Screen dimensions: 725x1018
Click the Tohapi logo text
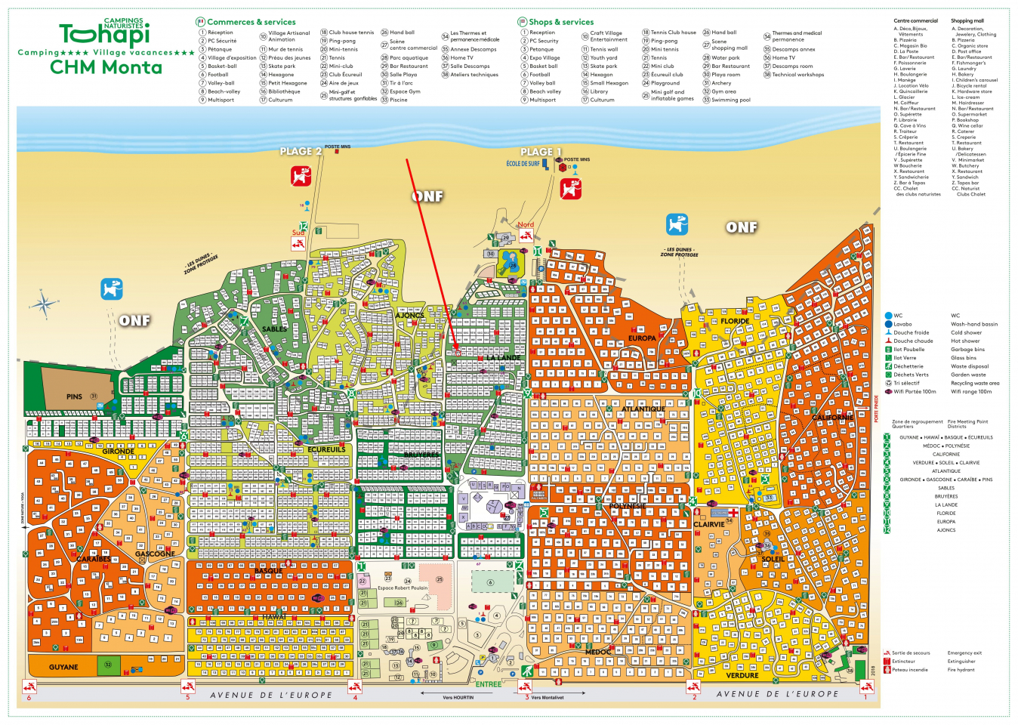pos(104,35)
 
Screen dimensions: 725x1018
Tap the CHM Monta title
pos(106,67)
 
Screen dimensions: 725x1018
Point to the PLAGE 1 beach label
pos(541,152)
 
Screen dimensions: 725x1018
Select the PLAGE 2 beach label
pos(301,151)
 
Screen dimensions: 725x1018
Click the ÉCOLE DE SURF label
pos(523,164)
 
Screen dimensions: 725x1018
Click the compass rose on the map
pos(44,304)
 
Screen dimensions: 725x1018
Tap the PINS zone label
pos(74,396)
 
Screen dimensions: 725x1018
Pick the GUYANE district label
pos(63,667)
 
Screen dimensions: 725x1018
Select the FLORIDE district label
pos(735,321)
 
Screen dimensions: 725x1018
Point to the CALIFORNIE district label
pos(832,417)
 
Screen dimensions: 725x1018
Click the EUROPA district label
pos(642,338)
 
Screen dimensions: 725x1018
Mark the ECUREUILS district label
pos(326,449)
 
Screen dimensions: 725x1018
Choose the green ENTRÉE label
pos(488,684)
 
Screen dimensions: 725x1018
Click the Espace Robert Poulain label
pos(403,588)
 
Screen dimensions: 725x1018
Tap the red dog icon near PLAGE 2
pos(301,177)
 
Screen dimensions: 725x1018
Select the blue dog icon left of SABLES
pos(111,288)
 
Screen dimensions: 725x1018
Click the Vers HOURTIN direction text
pos(458,697)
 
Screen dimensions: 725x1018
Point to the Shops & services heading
pos(561,22)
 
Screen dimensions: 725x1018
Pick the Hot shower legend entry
pos(966,341)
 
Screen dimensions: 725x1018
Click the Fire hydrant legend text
pos(961,669)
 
